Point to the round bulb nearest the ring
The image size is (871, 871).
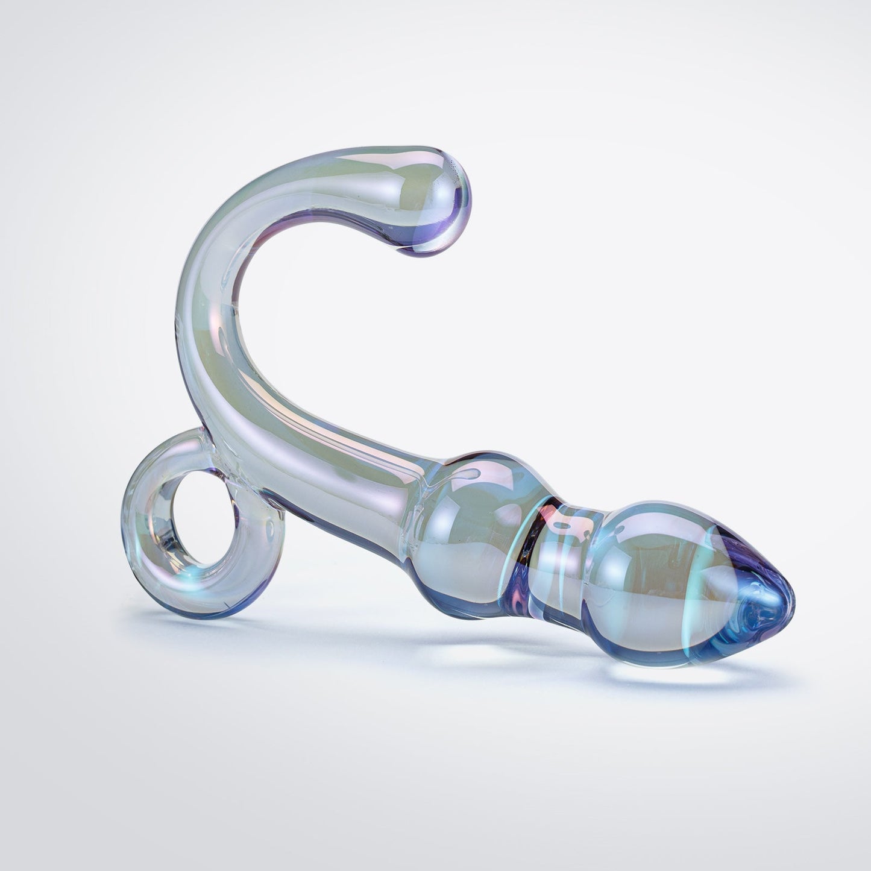click(x=476, y=518)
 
